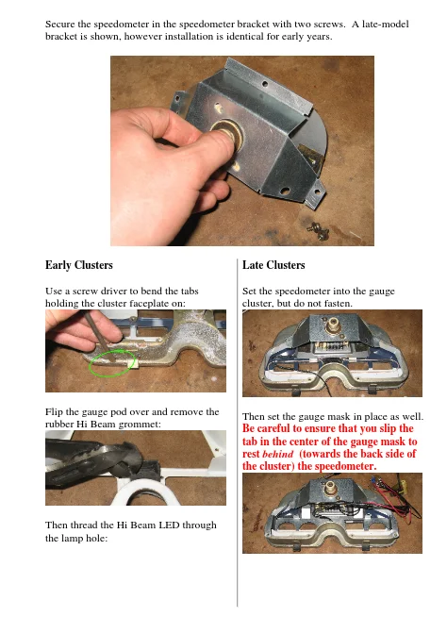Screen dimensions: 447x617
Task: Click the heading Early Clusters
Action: [79, 265]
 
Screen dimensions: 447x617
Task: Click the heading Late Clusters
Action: [273, 265]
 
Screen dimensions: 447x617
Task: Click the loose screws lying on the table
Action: [318, 231]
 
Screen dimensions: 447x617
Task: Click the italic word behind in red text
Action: [278, 454]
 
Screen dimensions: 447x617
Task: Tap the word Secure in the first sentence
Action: [59, 24]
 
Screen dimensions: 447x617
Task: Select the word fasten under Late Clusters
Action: [339, 304]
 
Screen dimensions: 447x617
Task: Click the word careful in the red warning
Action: [273, 428]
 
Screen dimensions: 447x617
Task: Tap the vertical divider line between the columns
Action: [238, 433]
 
